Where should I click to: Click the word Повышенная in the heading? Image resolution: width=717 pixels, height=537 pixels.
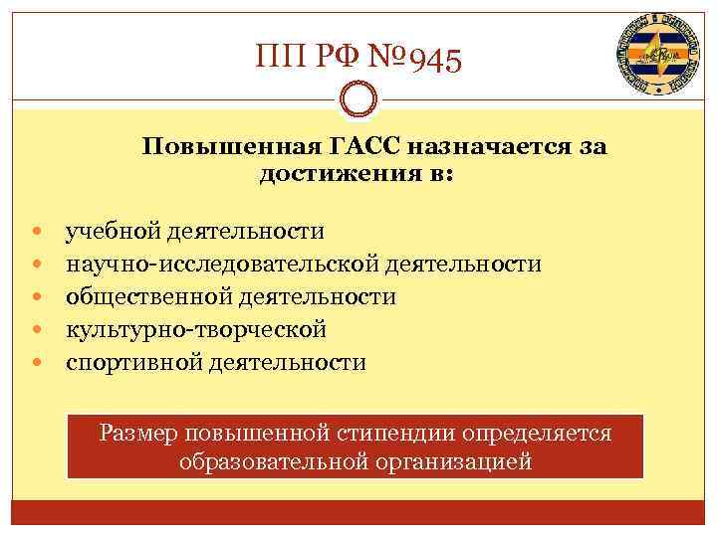point(231,147)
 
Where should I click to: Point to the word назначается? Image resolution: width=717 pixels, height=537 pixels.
point(496,147)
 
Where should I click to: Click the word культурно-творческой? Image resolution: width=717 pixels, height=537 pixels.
point(196,329)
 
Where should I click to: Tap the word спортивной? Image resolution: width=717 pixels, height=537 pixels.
point(133,362)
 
